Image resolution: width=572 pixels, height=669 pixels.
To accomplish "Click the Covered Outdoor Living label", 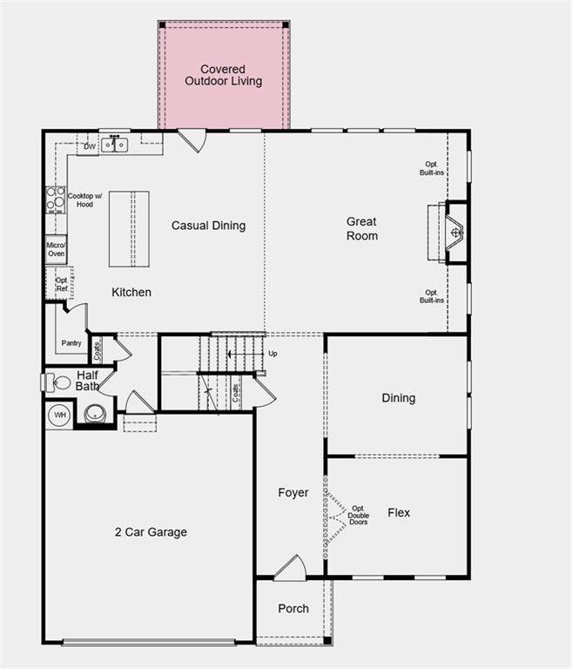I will tap(223, 76).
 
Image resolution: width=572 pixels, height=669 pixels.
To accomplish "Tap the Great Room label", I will tap(362, 229).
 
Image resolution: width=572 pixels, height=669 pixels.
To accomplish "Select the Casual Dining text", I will tap(208, 226).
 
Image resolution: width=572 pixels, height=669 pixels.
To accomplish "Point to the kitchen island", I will tap(129, 228).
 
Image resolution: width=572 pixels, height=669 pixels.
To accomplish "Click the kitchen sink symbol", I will tap(114, 145).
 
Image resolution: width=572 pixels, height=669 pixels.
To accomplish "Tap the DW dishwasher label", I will tap(89, 147).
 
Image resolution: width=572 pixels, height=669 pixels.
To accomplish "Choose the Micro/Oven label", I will tap(56, 249).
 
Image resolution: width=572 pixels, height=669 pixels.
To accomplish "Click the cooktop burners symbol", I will tap(55, 199).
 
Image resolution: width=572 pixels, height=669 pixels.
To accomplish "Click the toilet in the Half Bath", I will tap(57, 382).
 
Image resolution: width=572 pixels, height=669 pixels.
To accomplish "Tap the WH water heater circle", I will tap(60, 415).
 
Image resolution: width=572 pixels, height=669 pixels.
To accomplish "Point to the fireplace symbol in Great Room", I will tap(454, 232).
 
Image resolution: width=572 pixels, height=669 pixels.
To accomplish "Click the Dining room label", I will tap(399, 398).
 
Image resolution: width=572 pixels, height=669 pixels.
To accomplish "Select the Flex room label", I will tap(399, 513).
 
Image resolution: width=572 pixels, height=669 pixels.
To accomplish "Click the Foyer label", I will tap(293, 493).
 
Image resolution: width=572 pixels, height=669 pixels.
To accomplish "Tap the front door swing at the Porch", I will tap(291, 569).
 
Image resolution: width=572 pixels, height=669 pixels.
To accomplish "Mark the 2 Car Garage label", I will tap(151, 532).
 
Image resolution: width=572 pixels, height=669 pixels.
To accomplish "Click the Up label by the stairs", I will tap(273, 354).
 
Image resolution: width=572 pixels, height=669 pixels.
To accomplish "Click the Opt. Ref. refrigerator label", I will tap(62, 285).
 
